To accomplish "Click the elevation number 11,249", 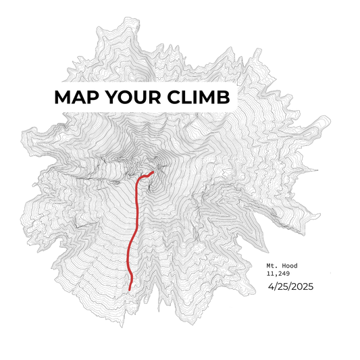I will point(280,274).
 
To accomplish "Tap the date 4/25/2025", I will point(290,287).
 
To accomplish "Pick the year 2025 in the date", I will point(302,287).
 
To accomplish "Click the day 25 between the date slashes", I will point(282,287).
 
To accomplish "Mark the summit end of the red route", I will point(154,172).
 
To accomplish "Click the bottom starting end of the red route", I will point(130,290).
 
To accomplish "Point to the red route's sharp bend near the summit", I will point(140,178).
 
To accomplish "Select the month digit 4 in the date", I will point(271,287).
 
